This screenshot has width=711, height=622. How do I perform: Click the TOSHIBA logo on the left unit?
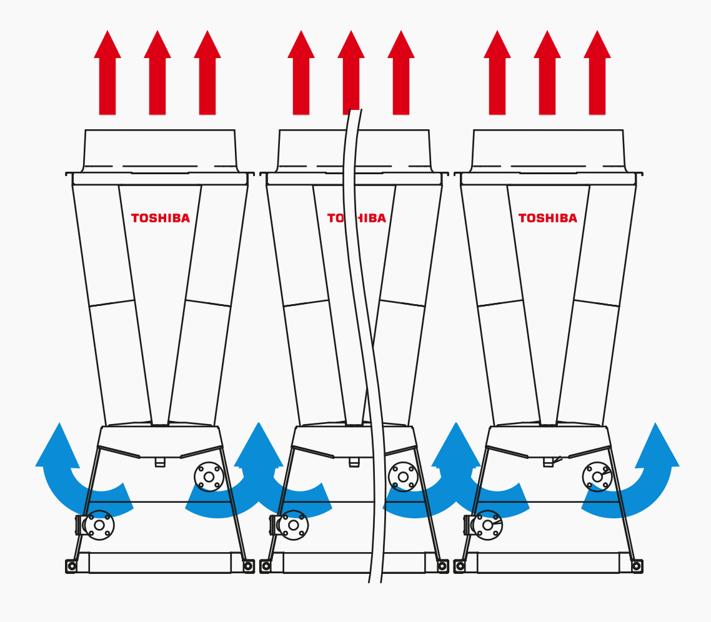pyautogui.click(x=161, y=218)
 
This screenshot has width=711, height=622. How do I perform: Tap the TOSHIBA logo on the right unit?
pyautogui.click(x=548, y=218)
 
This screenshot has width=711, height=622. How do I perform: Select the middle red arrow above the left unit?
pyautogui.click(x=157, y=72)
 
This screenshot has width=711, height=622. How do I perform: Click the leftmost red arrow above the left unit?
pyautogui.click(x=107, y=72)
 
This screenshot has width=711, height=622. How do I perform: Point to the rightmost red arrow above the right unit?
pyautogui.click(x=597, y=72)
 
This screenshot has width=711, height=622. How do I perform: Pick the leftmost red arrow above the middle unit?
pyautogui.click(x=301, y=72)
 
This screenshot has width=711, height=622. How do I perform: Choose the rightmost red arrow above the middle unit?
pyautogui.click(x=401, y=72)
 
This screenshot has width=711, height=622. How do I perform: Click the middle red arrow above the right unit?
pyautogui.click(x=547, y=72)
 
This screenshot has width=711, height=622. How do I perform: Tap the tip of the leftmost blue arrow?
pyautogui.click(x=59, y=423)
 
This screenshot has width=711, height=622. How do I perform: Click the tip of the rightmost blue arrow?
pyautogui.click(x=655, y=423)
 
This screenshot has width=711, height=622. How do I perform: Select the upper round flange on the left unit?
pyautogui.click(x=209, y=477)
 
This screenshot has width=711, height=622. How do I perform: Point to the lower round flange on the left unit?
pyautogui.click(x=99, y=525)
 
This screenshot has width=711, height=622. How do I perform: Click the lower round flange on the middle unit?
pyautogui.click(x=294, y=525)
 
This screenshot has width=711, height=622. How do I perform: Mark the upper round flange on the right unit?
pyautogui.click(x=598, y=477)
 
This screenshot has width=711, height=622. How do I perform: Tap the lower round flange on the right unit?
pyautogui.click(x=487, y=525)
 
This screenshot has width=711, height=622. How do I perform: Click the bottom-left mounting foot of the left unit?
pyautogui.click(x=71, y=566)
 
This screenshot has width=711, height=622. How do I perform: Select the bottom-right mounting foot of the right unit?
pyautogui.click(x=637, y=566)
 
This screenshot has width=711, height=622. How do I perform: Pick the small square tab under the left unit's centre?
pyautogui.click(x=160, y=462)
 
